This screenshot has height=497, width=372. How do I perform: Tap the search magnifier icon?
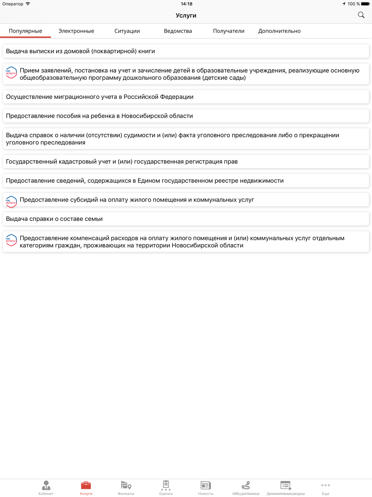[361, 15]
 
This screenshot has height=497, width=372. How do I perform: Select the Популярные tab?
[25, 31]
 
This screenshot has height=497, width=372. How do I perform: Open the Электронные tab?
[76, 31]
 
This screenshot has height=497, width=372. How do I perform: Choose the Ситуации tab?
[127, 31]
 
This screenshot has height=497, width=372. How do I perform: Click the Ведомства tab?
[178, 31]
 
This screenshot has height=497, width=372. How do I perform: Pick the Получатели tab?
[228, 31]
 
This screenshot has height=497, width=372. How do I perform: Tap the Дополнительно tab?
[279, 31]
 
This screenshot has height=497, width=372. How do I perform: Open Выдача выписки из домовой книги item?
[80, 51]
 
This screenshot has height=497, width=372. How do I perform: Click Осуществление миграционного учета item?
[100, 97]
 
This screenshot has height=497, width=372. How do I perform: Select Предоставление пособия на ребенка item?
[99, 116]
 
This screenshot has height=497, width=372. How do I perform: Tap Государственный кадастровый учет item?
[122, 162]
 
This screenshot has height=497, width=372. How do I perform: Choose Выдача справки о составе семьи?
[54, 219]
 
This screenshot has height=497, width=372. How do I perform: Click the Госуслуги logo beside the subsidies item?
[11, 202]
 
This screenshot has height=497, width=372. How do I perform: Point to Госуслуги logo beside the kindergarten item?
[11, 72]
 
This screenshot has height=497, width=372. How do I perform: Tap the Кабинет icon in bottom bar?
[46, 485]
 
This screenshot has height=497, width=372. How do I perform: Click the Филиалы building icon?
[126, 485]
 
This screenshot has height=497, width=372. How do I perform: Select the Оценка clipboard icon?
[166, 485]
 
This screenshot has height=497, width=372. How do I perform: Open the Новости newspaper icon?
[206, 485]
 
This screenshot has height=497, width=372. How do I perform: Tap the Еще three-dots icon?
[325, 485]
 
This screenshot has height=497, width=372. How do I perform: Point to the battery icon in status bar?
[365, 4]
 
